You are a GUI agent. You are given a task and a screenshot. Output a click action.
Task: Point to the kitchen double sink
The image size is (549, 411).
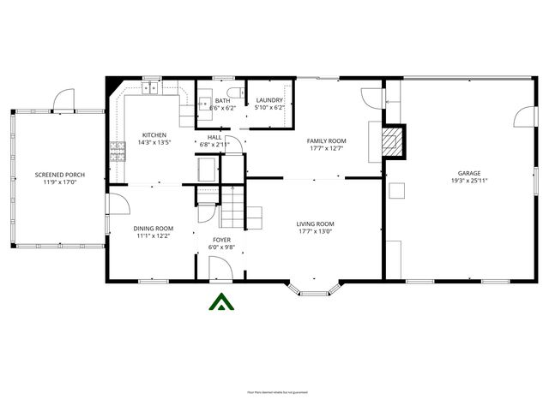[151, 86]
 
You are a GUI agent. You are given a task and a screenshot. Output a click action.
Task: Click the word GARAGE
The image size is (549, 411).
[468, 172]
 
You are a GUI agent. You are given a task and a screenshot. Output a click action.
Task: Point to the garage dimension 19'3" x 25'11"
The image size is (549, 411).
[468, 181]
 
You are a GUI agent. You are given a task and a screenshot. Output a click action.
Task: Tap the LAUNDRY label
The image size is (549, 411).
[269, 100]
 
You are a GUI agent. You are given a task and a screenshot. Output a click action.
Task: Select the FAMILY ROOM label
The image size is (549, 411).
[326, 140]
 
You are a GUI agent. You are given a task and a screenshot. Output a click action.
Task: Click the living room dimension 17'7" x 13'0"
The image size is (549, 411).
[315, 231]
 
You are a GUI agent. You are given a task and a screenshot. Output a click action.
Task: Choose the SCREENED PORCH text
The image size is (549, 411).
[55, 175]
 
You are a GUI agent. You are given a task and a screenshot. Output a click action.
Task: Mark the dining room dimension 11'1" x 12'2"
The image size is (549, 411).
[153, 235]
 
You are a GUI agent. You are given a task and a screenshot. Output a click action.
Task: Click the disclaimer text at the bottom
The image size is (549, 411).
[276, 391]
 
